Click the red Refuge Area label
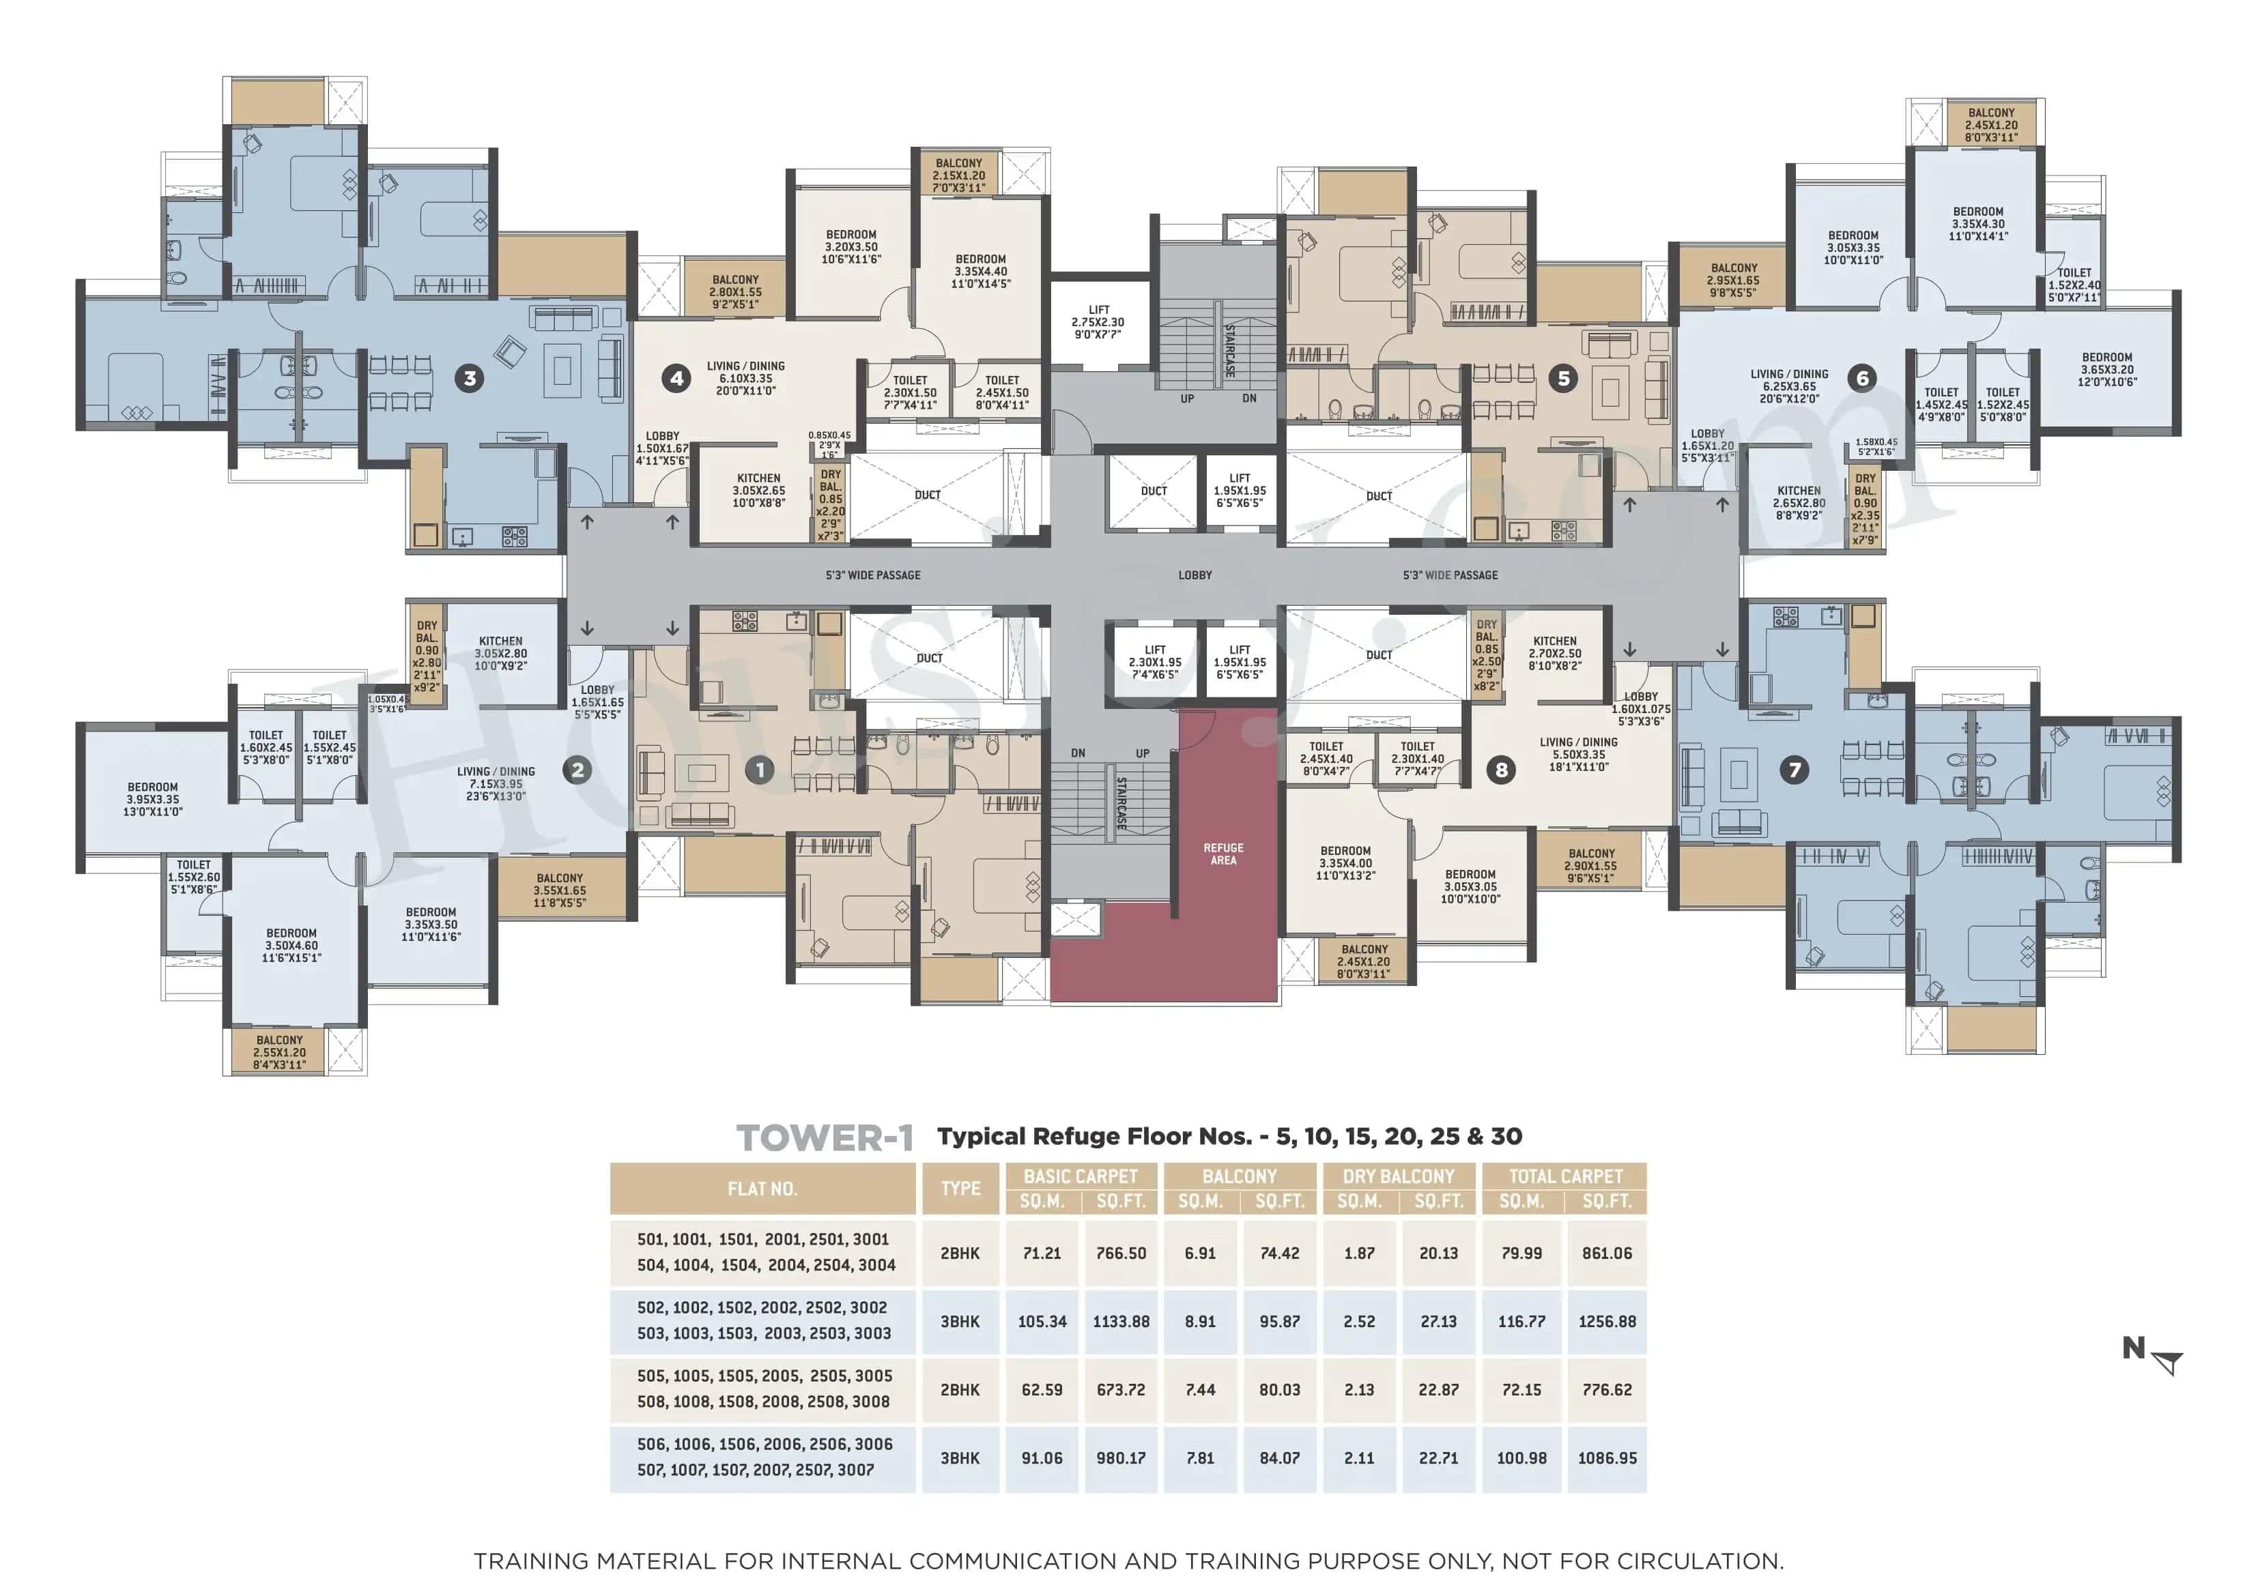tap(1223, 854)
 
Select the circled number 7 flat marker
tap(1794, 769)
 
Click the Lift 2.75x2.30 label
tap(1098, 321)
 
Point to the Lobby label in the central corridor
tap(1195, 575)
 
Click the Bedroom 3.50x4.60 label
tap(291, 945)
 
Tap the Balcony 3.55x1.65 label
tap(560, 890)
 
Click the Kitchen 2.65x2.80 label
tap(1799, 502)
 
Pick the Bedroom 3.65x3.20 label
tap(2106, 370)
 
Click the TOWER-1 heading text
tap(824, 1137)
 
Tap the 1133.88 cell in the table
tap(1120, 1322)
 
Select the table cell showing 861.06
tap(1606, 1253)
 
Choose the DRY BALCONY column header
tap(1397, 1176)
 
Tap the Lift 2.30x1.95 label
tap(1154, 662)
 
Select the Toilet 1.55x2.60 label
tap(194, 877)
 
